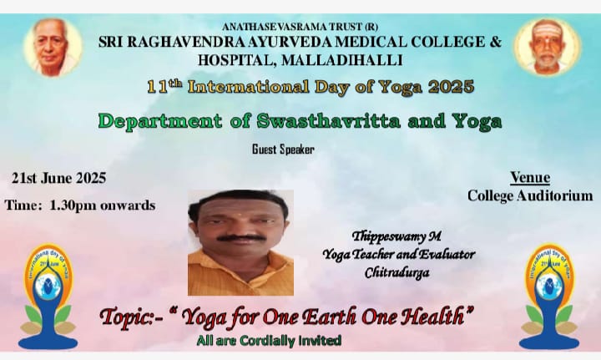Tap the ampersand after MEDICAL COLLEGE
click(496, 42)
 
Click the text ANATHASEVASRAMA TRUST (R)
click(300, 27)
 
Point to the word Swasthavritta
click(329, 121)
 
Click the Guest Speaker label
click(283, 150)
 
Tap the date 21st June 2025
click(58, 178)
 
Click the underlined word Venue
click(530, 177)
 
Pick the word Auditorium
click(554, 195)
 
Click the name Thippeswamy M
click(396, 236)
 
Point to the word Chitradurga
click(397, 272)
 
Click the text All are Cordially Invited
click(269, 341)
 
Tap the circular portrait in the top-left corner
click(53, 47)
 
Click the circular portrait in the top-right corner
click(548, 47)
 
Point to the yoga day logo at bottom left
click(48, 296)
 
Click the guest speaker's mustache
click(241, 237)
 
